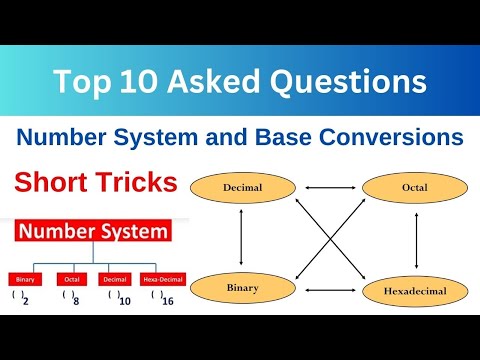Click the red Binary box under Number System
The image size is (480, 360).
tap(26, 279)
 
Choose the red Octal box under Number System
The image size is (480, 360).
tap(72, 279)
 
